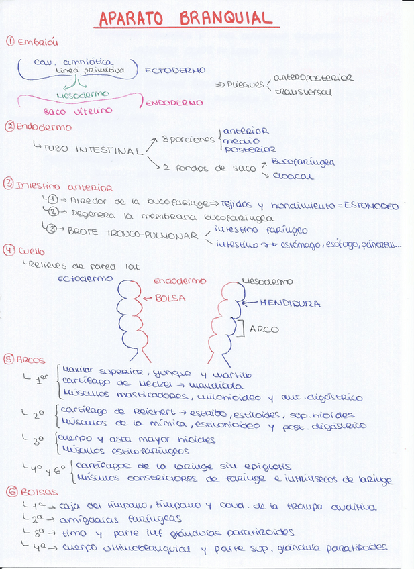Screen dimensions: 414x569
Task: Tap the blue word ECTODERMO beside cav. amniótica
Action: [x=175, y=70]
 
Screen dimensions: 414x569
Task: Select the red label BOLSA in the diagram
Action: [x=169, y=298]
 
